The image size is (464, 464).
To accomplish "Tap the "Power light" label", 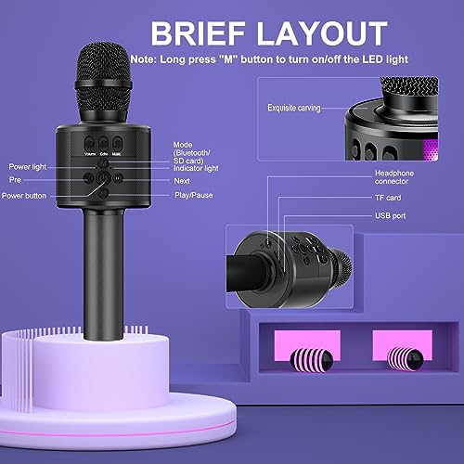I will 29,165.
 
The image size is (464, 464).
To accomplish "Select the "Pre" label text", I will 17,180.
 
